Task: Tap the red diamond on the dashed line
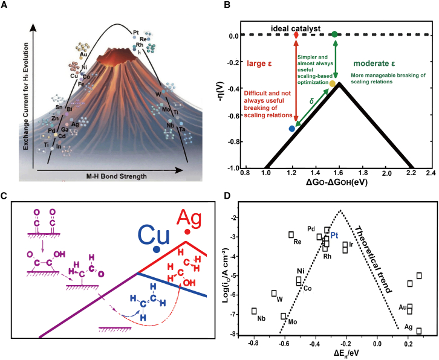(296, 35)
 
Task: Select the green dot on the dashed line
(334, 34)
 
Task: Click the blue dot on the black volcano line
(292, 128)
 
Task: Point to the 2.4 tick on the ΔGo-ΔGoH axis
(431, 173)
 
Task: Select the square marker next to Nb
(254, 311)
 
